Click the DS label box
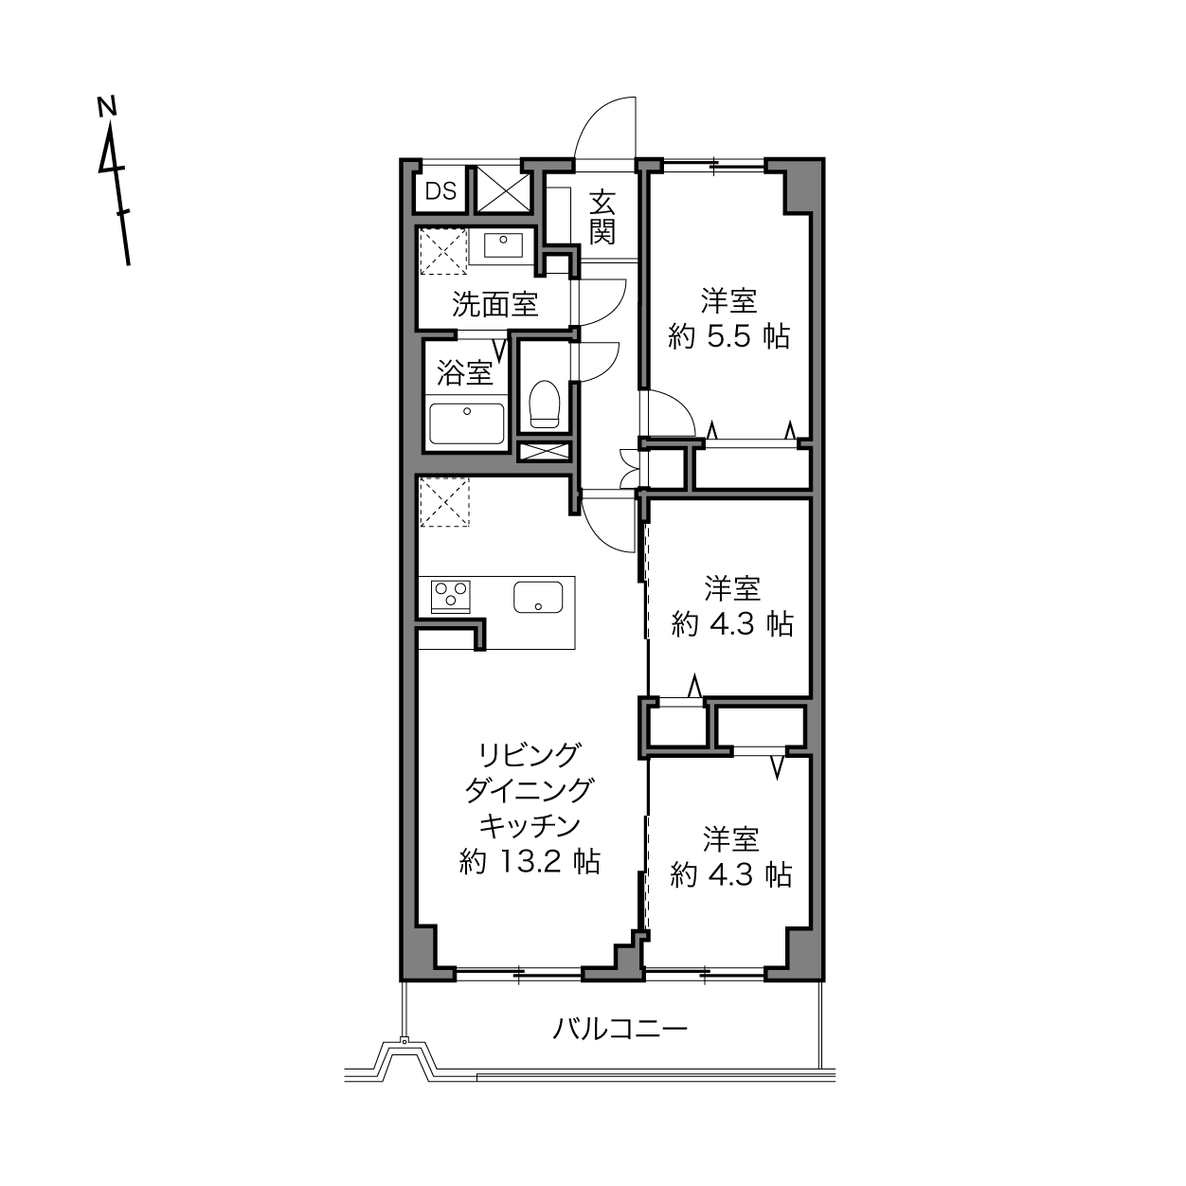coord(440,190)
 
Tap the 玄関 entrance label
coord(602,218)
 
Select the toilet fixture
coord(544,404)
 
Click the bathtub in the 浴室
coord(466,424)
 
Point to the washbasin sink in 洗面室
coord(503,244)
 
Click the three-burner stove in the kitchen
coord(451,596)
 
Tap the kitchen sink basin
coord(539,597)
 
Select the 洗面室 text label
coord(495,304)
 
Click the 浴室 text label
coord(465,372)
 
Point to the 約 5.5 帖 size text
coord(728,336)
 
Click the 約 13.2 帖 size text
coord(530,862)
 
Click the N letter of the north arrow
coord(107,106)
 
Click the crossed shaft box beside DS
coord(504,190)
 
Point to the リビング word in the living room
coord(530,755)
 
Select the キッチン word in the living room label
coord(530,826)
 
